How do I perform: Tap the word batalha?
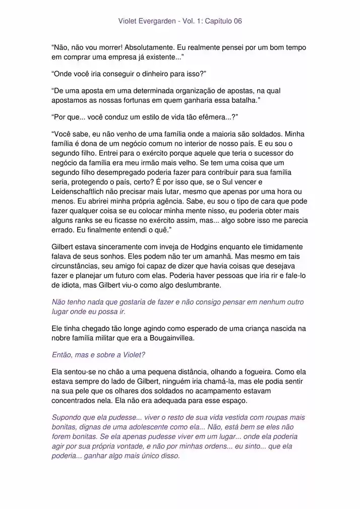[x=241, y=101]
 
